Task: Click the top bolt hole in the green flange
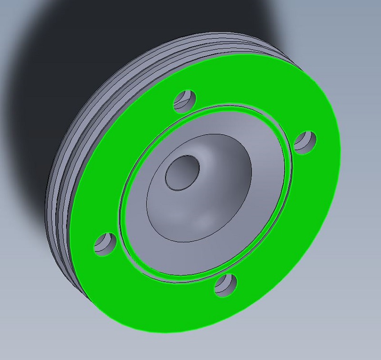(185, 100)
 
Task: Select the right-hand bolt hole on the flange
(305, 141)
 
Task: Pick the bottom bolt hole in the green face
(226, 285)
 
